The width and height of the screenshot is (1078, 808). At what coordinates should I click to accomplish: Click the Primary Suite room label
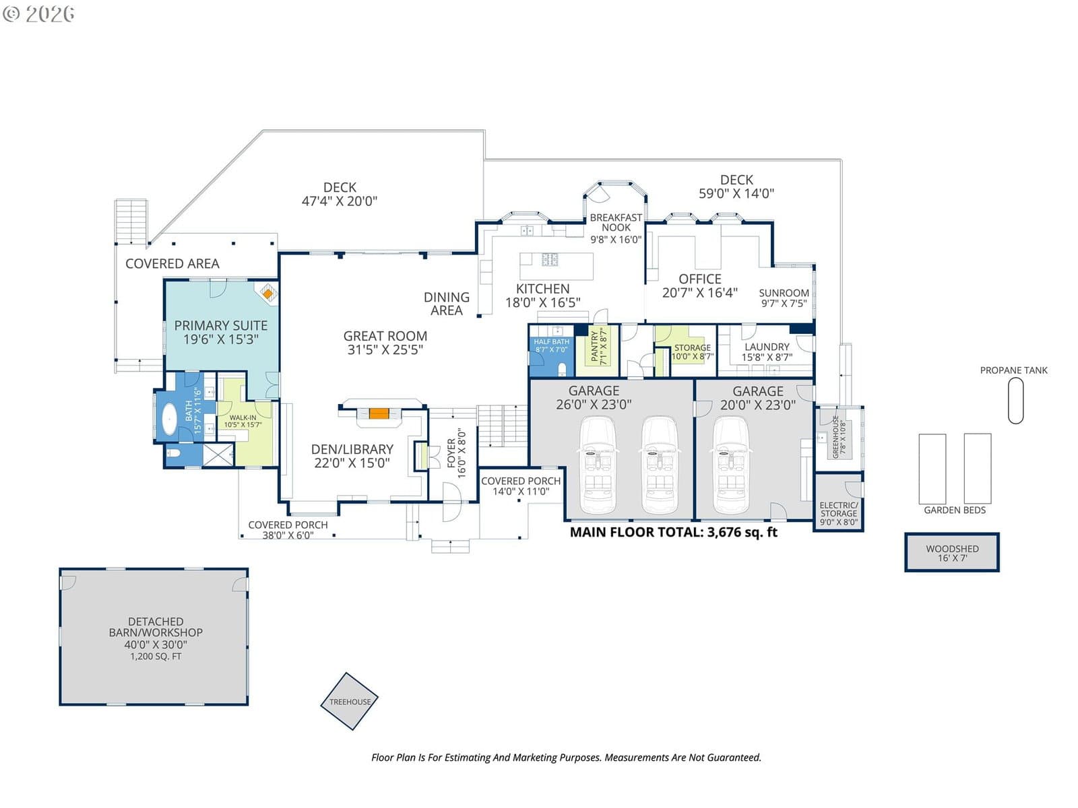pos(220,325)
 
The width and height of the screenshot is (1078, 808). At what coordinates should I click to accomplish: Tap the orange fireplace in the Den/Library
pos(379,413)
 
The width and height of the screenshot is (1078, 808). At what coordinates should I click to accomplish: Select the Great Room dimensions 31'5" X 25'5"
pos(385,349)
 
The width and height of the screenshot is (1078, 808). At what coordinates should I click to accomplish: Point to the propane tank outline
pos(1015,401)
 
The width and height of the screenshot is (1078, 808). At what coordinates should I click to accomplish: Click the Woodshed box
pos(951,552)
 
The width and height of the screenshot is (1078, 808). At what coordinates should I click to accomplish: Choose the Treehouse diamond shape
pos(349,701)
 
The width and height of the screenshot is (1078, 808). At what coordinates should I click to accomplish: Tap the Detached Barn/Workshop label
pos(155,627)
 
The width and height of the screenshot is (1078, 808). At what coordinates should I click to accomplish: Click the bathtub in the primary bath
pos(169,419)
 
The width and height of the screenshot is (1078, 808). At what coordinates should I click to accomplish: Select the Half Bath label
pos(552,341)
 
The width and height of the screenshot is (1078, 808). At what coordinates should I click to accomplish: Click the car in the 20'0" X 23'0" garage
pos(730,465)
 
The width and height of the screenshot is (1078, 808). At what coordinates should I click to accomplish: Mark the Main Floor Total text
pos(673,533)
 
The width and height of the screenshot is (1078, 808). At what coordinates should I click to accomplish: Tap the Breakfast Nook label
pos(616,222)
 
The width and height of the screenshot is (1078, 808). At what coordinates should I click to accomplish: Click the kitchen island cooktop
pos(550,259)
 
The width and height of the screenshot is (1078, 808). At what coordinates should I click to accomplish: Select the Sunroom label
pos(784,293)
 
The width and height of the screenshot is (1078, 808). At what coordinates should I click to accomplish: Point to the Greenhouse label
pos(835,438)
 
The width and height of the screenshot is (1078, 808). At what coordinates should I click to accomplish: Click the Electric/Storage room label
pos(838,509)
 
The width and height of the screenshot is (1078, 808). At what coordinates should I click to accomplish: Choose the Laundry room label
pos(767,346)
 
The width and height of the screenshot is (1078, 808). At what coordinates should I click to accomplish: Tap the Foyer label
pos(451,453)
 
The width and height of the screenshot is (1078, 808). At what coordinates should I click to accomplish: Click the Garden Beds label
pos(954,510)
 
